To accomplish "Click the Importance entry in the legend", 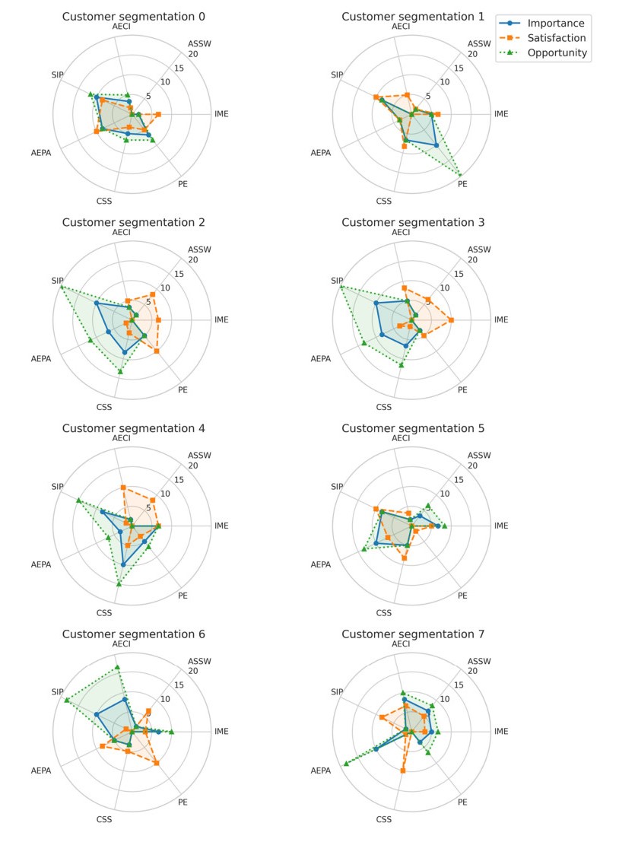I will click(558, 23).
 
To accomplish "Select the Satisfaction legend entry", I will click(558, 38).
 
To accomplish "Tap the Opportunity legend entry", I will click(558, 53).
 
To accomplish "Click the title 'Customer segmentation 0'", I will click(133, 17).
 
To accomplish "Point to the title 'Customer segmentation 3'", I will click(413, 222).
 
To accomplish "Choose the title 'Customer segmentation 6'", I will click(133, 634).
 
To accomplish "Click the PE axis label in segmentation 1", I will click(462, 184).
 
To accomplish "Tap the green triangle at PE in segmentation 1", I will click(460, 175).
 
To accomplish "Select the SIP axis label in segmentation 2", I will click(57, 281).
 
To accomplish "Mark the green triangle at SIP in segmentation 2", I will click(62, 286).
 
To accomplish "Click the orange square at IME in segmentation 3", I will click(452, 320).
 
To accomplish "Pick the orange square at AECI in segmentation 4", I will click(122, 487).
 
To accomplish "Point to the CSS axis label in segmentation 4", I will click(104, 612).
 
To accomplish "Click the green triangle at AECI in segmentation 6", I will click(117, 667).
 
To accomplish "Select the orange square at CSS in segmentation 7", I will click(402, 771).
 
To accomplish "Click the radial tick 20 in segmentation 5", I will click(472, 465).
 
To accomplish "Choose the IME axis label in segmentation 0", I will click(221, 114).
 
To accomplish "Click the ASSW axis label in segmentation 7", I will click(479, 661).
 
